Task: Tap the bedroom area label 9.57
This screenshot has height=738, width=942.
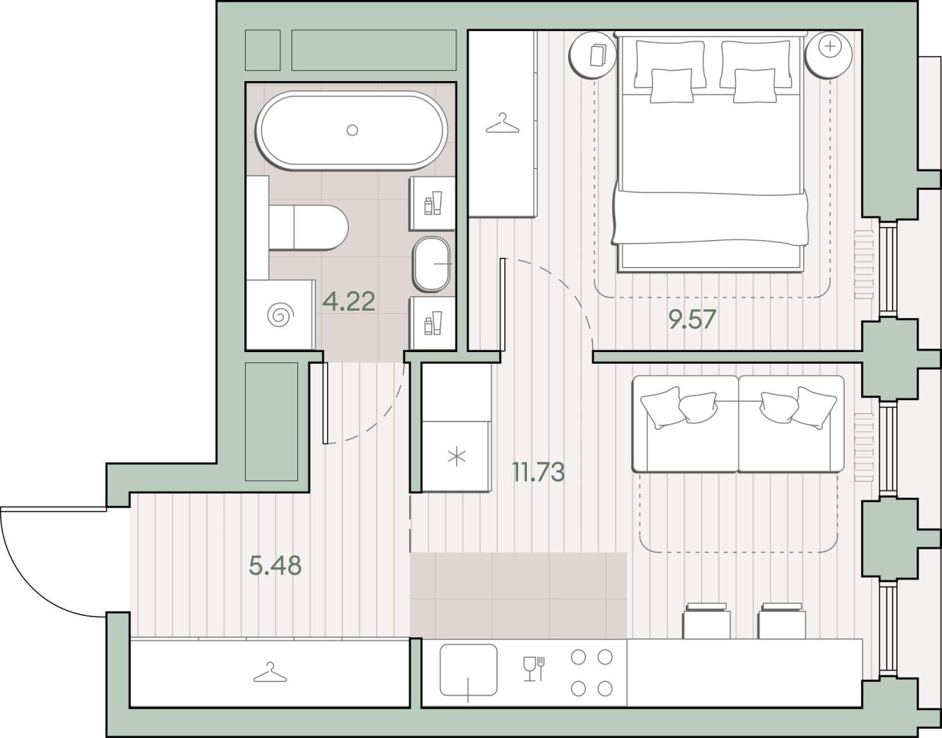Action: pyautogui.click(x=692, y=320)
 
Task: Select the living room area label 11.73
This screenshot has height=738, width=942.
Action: pyautogui.click(x=539, y=472)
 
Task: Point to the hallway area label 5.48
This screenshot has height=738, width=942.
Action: pyautogui.click(x=275, y=566)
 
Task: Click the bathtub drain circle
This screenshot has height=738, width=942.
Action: pyautogui.click(x=352, y=130)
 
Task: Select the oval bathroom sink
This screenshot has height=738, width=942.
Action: pyautogui.click(x=431, y=264)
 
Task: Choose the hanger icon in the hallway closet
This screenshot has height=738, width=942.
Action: pyautogui.click(x=270, y=672)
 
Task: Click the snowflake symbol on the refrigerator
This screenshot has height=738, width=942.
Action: pyautogui.click(x=456, y=457)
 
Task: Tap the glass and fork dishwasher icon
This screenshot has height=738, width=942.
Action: pyautogui.click(x=534, y=669)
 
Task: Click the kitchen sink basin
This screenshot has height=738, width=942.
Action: pyautogui.click(x=468, y=670)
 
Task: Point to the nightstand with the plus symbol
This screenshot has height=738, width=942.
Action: pyautogui.click(x=829, y=55)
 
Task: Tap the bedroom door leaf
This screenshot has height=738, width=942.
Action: pyautogui.click(x=503, y=304)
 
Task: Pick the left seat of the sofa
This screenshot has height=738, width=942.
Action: pyautogui.click(x=685, y=424)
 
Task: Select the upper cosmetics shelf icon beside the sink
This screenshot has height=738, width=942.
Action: pyautogui.click(x=433, y=203)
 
